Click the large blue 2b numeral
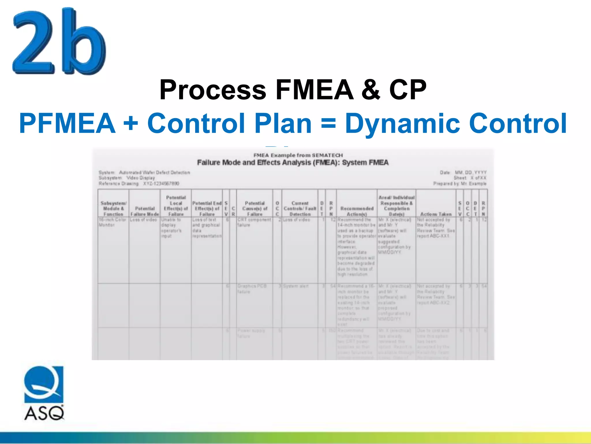pyautogui.click(x=59, y=42)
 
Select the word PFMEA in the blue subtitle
pyautogui.click(x=67, y=123)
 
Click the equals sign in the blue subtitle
pyautogui.click(x=328, y=123)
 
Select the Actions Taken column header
pyautogui.click(x=436, y=214)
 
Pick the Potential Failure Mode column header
pyautogui.click(x=145, y=211)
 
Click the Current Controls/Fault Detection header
pyautogui.click(x=300, y=209)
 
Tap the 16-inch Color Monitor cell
pyautogui.click(x=113, y=222)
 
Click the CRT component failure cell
pyautogui.click(x=254, y=222)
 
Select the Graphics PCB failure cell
pyautogui.click(x=252, y=289)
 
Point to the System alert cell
pyautogui.click(x=295, y=286)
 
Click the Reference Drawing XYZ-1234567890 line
pyautogui.click(x=139, y=184)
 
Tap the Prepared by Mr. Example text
pyautogui.click(x=460, y=184)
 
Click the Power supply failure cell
pyautogui.click(x=251, y=333)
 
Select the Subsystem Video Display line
pyautogui.click(x=127, y=178)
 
